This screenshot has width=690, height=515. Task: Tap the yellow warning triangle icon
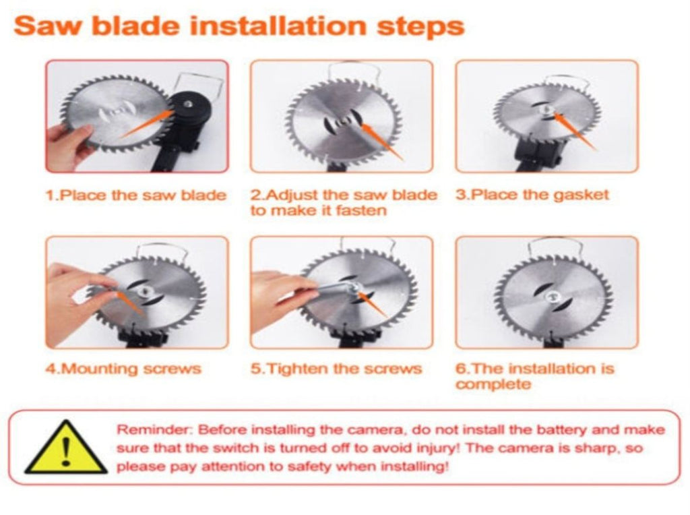click(66, 447)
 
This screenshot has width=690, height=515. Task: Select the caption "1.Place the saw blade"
click(136, 195)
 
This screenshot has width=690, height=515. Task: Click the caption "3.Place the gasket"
click(532, 195)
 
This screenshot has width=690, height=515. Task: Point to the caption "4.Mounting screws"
click(124, 369)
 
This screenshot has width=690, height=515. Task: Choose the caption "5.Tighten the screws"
click(336, 369)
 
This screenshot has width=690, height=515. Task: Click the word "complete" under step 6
click(493, 384)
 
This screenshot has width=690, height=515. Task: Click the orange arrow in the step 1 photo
click(146, 124)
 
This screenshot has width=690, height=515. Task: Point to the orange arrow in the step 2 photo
click(381, 142)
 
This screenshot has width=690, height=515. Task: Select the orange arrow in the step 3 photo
click(575, 131)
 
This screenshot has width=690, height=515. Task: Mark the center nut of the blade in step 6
click(552, 297)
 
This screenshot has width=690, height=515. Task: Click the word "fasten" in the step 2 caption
click(361, 210)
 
